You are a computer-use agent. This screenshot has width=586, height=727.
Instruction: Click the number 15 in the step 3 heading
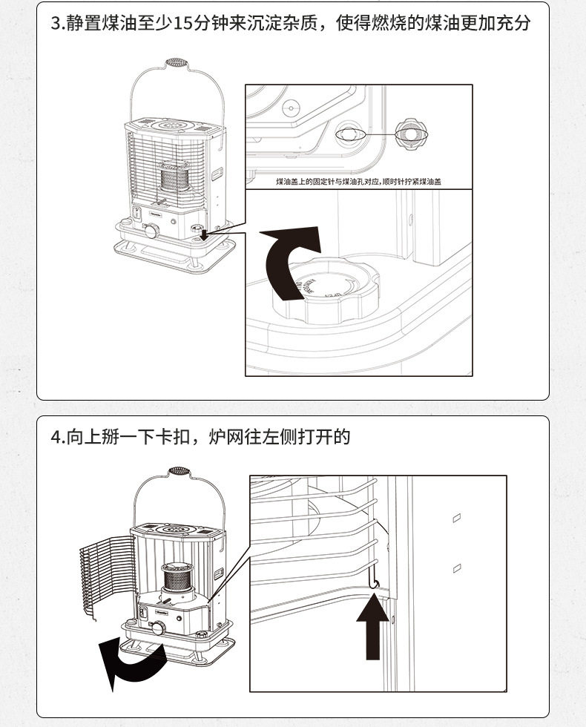tap(182, 24)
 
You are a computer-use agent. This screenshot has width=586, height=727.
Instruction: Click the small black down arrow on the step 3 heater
tap(203, 236)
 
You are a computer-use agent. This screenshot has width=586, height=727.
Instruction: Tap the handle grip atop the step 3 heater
tap(175, 62)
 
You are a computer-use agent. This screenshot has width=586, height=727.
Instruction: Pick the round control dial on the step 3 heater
tap(151, 231)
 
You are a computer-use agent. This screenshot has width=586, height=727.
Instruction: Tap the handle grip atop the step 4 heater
tap(178, 472)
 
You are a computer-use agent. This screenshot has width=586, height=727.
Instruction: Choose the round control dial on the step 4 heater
tap(158, 628)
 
